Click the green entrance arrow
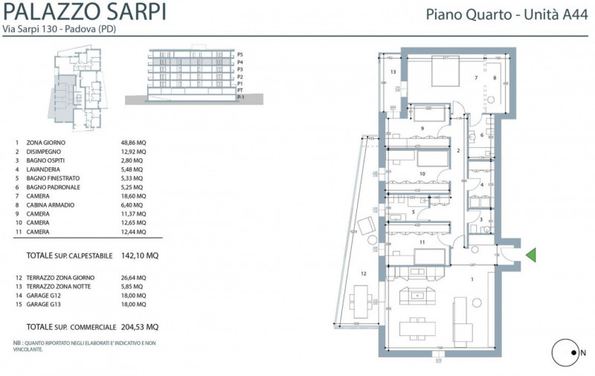coord(530,256)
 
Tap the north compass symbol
coord(567,353)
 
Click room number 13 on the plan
coord(392,72)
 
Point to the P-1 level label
coord(240,97)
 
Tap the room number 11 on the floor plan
coord(421,242)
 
